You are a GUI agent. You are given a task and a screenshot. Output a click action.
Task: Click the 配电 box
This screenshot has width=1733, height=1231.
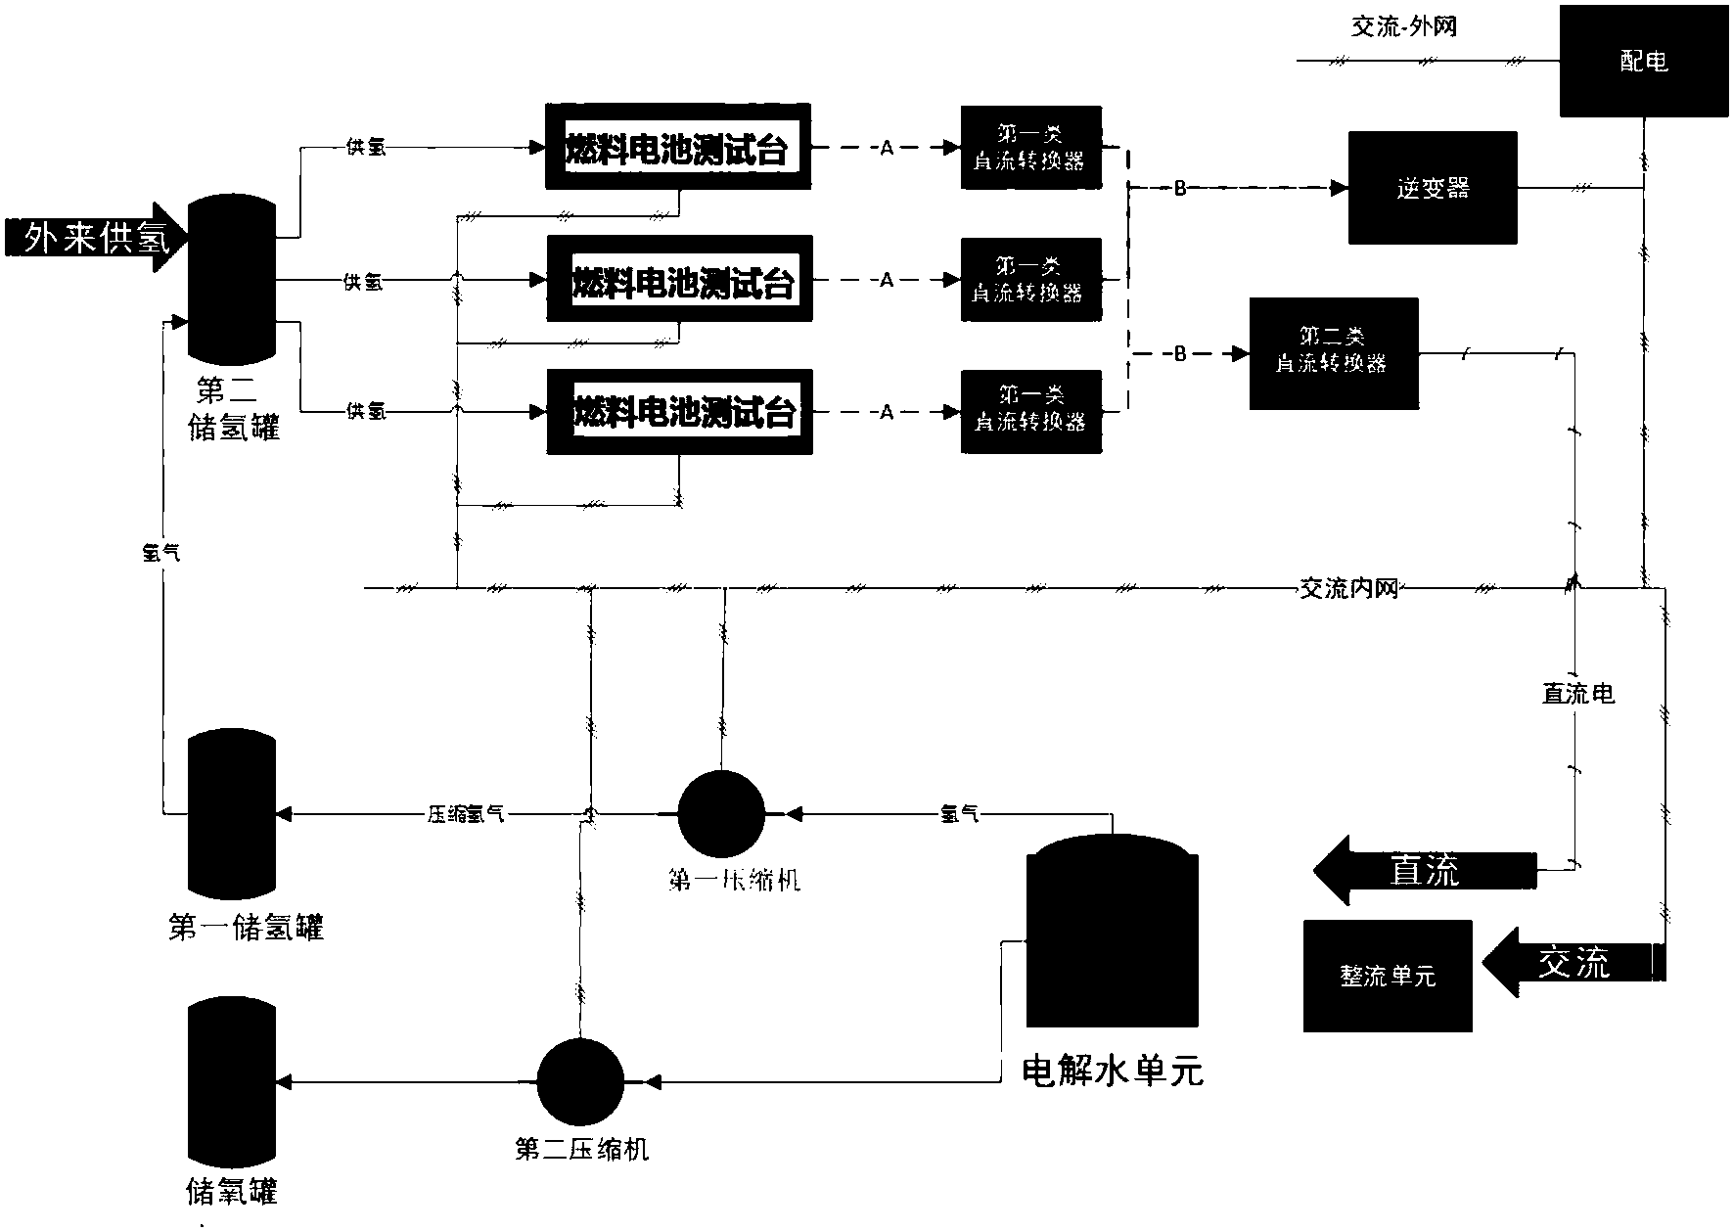pyautogui.click(x=1643, y=61)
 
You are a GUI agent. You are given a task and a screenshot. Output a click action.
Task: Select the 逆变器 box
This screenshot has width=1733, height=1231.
pyautogui.click(x=1433, y=188)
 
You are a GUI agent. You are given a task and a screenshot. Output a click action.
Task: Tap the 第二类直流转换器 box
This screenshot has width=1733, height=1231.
pyautogui.click(x=1333, y=353)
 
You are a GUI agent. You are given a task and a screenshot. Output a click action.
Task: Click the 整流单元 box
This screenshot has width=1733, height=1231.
pyautogui.click(x=1387, y=976)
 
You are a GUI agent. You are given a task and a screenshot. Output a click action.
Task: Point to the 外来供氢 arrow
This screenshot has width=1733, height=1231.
pyautogui.click(x=90, y=237)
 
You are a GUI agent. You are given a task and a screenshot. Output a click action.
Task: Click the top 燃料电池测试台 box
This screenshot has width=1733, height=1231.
pyautogui.click(x=678, y=148)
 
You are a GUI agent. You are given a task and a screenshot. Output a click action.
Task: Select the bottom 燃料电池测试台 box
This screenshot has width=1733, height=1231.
pyautogui.click(x=679, y=412)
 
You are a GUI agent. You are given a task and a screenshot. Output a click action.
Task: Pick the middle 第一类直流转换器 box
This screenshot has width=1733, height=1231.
pyautogui.click(x=1030, y=280)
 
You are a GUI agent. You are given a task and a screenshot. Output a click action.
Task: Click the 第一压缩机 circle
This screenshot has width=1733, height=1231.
pyautogui.click(x=721, y=813)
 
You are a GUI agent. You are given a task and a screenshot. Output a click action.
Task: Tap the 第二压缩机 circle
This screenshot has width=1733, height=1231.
pyautogui.click(x=580, y=1081)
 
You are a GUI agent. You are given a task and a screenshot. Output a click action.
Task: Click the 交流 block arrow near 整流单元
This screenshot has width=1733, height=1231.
pyautogui.click(x=1571, y=963)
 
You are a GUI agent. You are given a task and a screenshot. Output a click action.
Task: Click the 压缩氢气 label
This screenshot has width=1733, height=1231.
pyautogui.click(x=466, y=813)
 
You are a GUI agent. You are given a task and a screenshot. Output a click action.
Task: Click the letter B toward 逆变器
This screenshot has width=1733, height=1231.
pyautogui.click(x=1179, y=189)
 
